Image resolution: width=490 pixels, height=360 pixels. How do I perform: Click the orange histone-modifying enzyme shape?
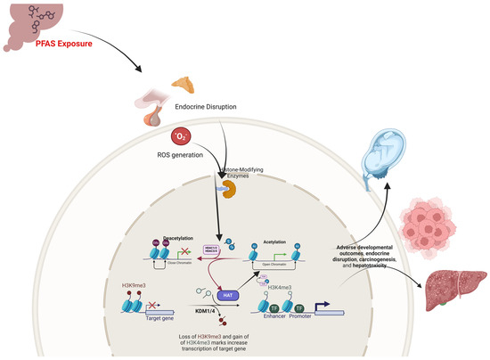216,188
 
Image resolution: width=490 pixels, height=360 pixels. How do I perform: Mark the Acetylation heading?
273,238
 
